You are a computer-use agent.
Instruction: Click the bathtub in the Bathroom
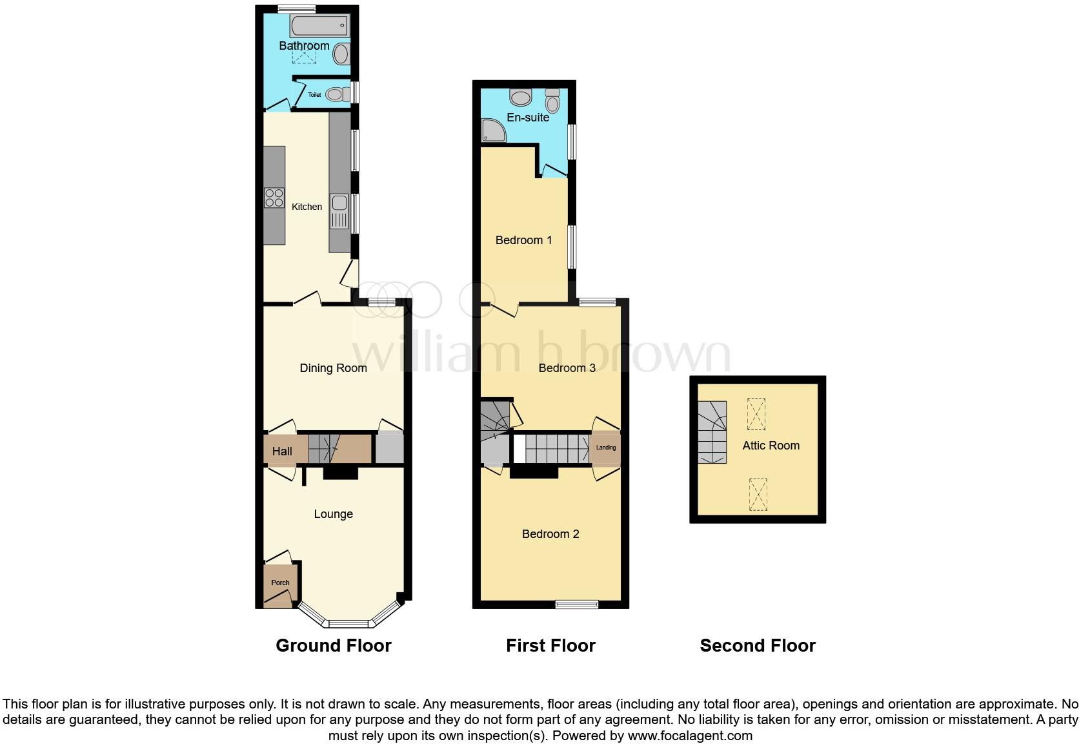pos(320,26)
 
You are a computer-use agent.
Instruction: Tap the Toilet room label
pos(314,95)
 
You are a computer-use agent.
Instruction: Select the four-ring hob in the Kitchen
pos(274,197)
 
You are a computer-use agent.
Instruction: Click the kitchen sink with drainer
pos(339,211)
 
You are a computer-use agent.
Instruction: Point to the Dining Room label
pos(333,368)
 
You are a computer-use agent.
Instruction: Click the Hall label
pos(282,451)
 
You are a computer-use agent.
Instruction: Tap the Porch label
pos(280,583)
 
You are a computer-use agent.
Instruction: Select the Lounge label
pos(333,514)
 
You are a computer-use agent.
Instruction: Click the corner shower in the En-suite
pos(494,131)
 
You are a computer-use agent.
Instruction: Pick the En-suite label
pos(528,118)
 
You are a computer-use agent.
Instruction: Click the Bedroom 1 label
pos(523,240)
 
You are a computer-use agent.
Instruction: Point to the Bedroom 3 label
pos(567,368)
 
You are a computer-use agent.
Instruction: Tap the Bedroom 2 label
pos(550,534)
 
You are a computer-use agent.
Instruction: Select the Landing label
pos(605,448)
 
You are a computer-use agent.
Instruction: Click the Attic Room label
pos(771,446)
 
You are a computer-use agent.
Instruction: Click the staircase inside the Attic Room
pos(712,432)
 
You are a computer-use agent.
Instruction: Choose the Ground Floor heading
pos(333,645)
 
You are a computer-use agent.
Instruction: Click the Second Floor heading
pos(758,645)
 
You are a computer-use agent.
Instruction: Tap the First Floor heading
pos(550,645)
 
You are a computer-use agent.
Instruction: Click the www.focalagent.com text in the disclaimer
pos(690,735)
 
